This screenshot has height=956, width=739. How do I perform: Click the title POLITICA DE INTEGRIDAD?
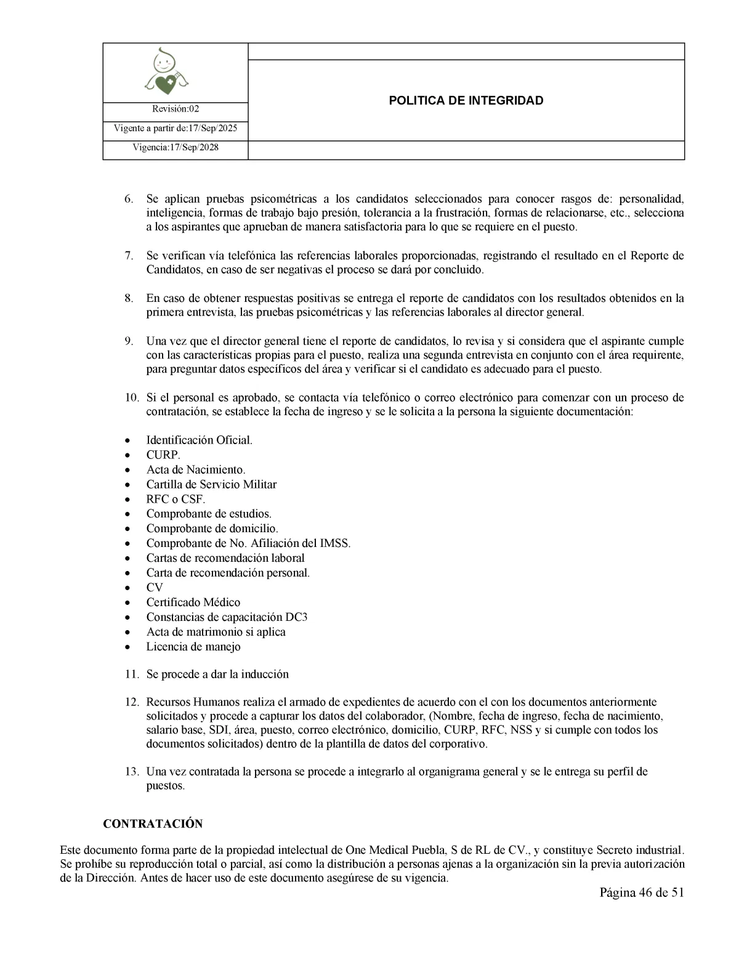[466, 100]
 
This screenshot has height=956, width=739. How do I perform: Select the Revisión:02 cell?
[176, 109]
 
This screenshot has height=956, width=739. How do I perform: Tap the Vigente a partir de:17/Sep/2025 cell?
[176, 129]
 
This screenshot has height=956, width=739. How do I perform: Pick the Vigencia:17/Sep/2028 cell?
[176, 148]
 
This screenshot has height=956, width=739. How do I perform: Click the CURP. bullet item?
[163, 455]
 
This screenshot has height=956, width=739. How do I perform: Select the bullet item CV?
[155, 588]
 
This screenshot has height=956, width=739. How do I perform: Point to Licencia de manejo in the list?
[193, 647]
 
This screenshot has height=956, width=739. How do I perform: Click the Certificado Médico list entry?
[193, 602]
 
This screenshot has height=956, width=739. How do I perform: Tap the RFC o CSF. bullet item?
[176, 499]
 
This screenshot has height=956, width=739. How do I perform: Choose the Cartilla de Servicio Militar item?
[211, 484]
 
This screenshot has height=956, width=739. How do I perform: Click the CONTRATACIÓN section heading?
[153, 824]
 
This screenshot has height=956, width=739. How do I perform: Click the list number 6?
[129, 199]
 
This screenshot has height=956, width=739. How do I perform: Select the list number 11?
[131, 674]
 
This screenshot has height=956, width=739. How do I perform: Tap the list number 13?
[131, 772]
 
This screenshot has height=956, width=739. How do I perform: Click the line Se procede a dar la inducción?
[217, 674]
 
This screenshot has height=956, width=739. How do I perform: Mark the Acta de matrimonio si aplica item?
[216, 632]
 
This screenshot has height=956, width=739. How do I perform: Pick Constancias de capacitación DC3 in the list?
[227, 617]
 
